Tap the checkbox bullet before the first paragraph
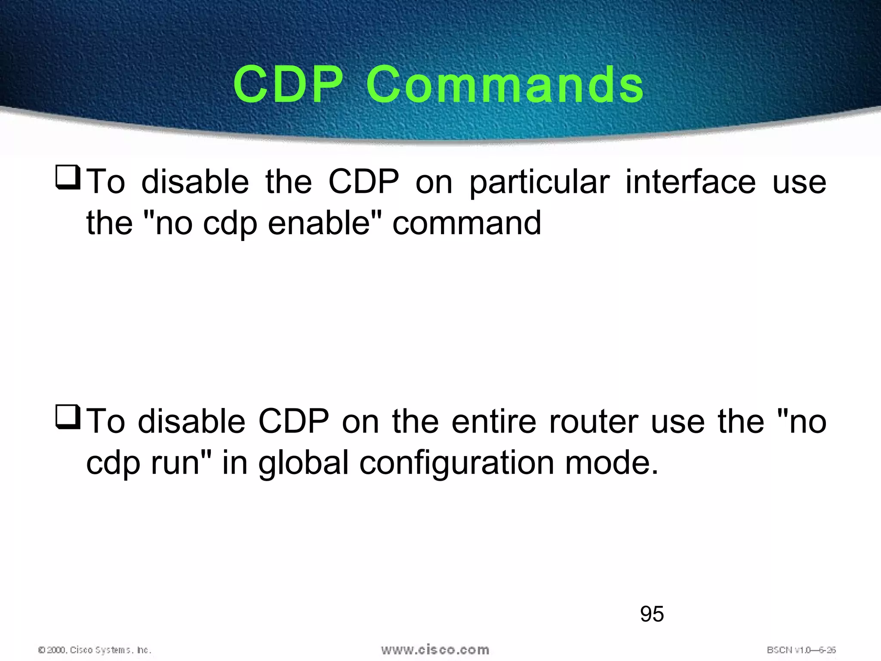68,178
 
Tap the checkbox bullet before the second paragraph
68,417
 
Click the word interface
690,182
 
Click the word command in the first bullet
467,223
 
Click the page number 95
652,614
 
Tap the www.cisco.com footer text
435,649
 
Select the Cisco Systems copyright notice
95,650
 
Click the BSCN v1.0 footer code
801,650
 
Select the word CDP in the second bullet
293,421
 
